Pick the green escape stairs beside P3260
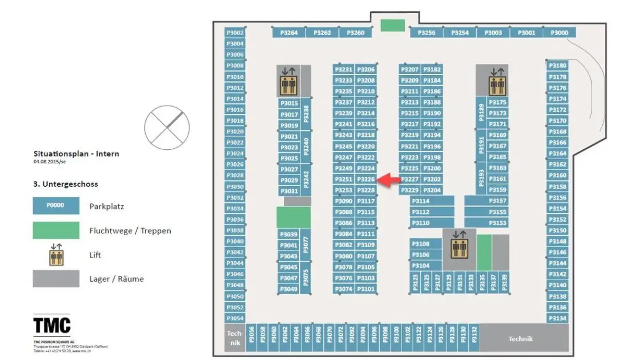tap(392, 25)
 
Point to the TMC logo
tap(52, 325)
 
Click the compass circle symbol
tap(167, 126)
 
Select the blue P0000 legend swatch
tap(56, 206)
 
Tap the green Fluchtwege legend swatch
tap(56, 230)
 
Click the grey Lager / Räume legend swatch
tap(56, 279)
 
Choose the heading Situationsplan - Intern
tap(76, 154)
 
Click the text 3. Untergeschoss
tap(65, 184)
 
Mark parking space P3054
tap(235, 318)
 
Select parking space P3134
tap(558, 318)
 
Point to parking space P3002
tap(235, 32)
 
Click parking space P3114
tap(432, 201)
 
